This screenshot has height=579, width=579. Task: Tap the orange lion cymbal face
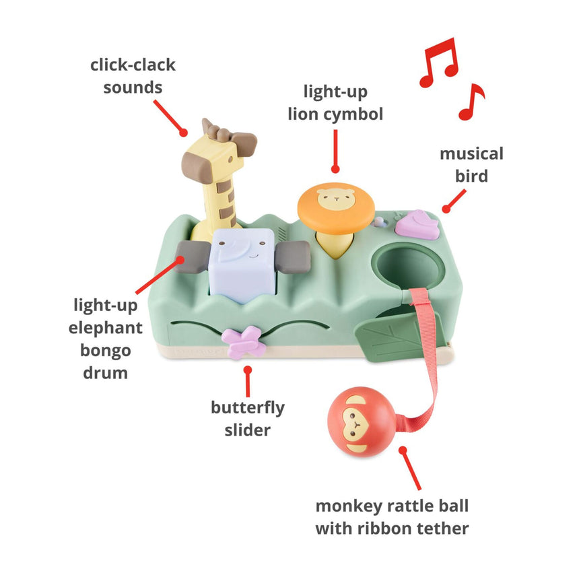click(x=335, y=203)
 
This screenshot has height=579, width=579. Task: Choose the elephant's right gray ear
click(x=293, y=256)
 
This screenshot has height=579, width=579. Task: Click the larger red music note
click(x=438, y=61)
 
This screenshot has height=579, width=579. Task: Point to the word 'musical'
click(x=471, y=154)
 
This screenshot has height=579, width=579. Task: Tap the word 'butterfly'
click(x=248, y=407)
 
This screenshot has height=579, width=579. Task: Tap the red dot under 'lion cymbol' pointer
click(x=335, y=170)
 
